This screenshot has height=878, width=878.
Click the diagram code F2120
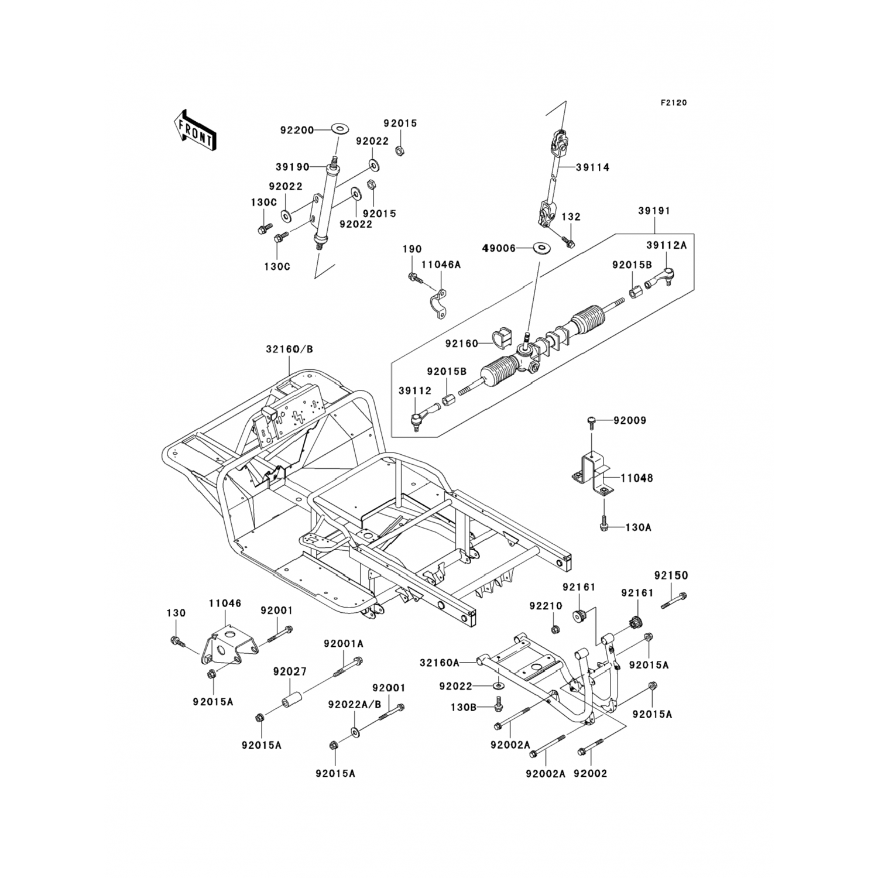[x=673, y=103]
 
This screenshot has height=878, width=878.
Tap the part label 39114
[x=592, y=167]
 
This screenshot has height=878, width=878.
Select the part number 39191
[x=654, y=211]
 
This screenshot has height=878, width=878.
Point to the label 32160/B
[x=289, y=349]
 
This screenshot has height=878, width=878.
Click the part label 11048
[x=637, y=478]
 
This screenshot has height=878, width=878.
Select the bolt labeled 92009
[x=591, y=420]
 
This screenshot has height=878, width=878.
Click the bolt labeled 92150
[x=674, y=601]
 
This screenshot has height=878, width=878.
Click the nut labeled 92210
[x=555, y=629]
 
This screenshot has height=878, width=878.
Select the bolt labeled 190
[x=413, y=276]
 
